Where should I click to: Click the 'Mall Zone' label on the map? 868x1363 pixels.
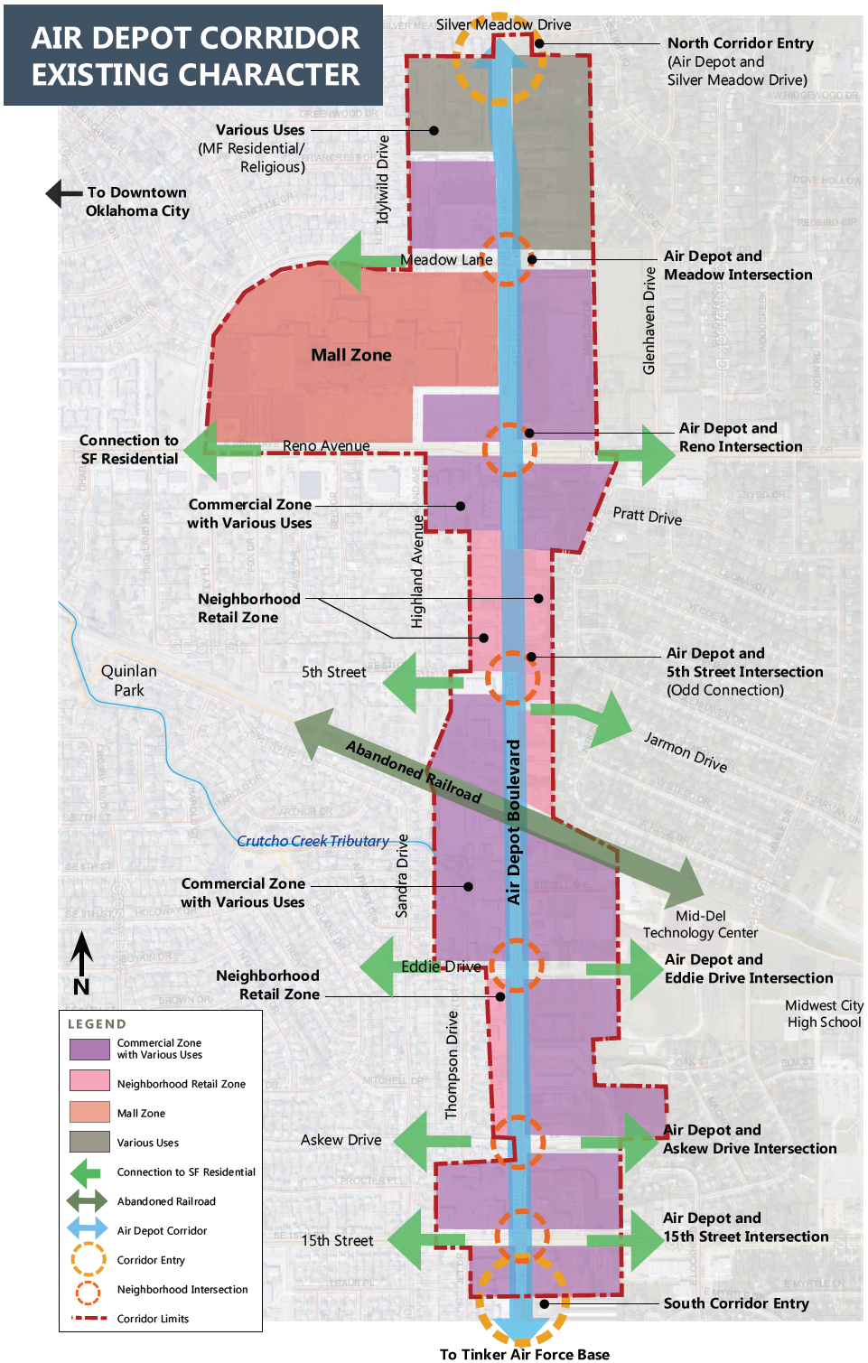351,355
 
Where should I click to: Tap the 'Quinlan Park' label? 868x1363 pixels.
129,680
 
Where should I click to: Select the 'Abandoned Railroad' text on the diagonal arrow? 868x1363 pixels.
414,771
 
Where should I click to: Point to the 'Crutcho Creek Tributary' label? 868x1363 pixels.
313,841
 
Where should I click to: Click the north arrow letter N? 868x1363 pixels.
81,986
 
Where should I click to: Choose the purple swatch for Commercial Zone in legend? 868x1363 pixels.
89,1049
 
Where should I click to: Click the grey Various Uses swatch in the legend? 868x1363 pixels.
89,1142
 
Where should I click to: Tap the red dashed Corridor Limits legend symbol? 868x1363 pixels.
89,1318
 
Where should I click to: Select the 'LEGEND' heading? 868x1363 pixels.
97,1023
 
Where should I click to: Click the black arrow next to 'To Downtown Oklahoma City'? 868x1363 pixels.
63,192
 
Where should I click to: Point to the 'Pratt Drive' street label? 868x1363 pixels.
647,516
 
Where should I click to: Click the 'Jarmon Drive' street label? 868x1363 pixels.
685,752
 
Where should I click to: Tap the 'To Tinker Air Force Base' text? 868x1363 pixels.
524,1354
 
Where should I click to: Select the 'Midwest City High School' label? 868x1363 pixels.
824,1013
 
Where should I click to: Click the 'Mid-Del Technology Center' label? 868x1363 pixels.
700,924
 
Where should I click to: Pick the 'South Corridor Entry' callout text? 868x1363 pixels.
736,1302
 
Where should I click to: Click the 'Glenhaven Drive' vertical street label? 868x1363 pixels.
649,321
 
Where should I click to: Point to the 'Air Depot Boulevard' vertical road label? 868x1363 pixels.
513,822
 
